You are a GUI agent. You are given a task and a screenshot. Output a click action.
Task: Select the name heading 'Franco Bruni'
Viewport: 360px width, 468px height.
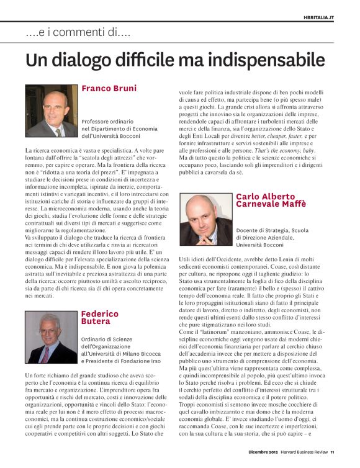coord(109,89)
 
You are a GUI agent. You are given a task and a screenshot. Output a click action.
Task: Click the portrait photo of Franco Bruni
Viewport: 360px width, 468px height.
coord(52,110)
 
